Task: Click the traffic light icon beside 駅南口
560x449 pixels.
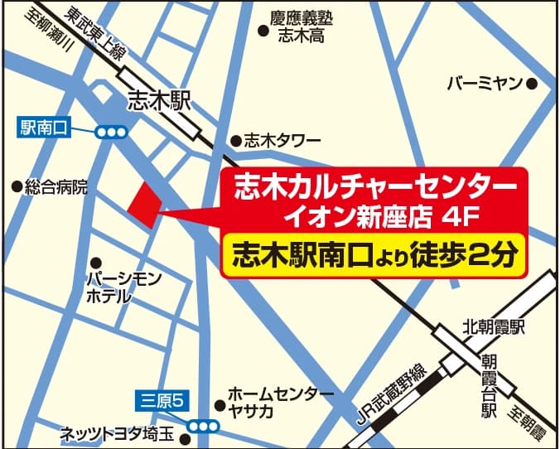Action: point(110,131)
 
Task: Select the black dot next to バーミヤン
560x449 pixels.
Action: point(533,84)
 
